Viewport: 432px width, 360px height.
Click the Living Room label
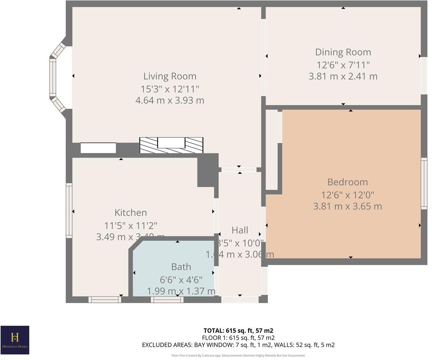[169, 76]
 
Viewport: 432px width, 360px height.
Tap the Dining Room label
[343, 52]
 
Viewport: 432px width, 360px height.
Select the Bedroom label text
[347, 182]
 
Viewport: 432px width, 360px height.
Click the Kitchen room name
[130, 213]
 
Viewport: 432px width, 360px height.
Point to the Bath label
[181, 267]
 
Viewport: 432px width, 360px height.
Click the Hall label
[240, 230]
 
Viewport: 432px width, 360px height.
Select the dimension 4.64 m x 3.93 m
[169, 100]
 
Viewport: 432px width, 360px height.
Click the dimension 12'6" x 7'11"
[343, 65]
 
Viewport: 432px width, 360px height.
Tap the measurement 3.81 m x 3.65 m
[347, 206]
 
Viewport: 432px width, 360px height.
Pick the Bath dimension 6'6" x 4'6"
[181, 279]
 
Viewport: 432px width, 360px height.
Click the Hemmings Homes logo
[15, 340]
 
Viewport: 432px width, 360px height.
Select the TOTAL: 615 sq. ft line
[238, 331]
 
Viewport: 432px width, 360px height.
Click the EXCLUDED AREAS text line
[238, 345]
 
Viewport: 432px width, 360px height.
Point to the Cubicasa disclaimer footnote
[238, 355]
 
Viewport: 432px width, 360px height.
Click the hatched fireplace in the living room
[171, 145]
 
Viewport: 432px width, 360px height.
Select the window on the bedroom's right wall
[424, 183]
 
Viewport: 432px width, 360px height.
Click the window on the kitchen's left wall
[69, 210]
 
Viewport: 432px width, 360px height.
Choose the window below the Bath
[167, 299]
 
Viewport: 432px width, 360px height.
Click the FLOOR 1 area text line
[238, 338]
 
